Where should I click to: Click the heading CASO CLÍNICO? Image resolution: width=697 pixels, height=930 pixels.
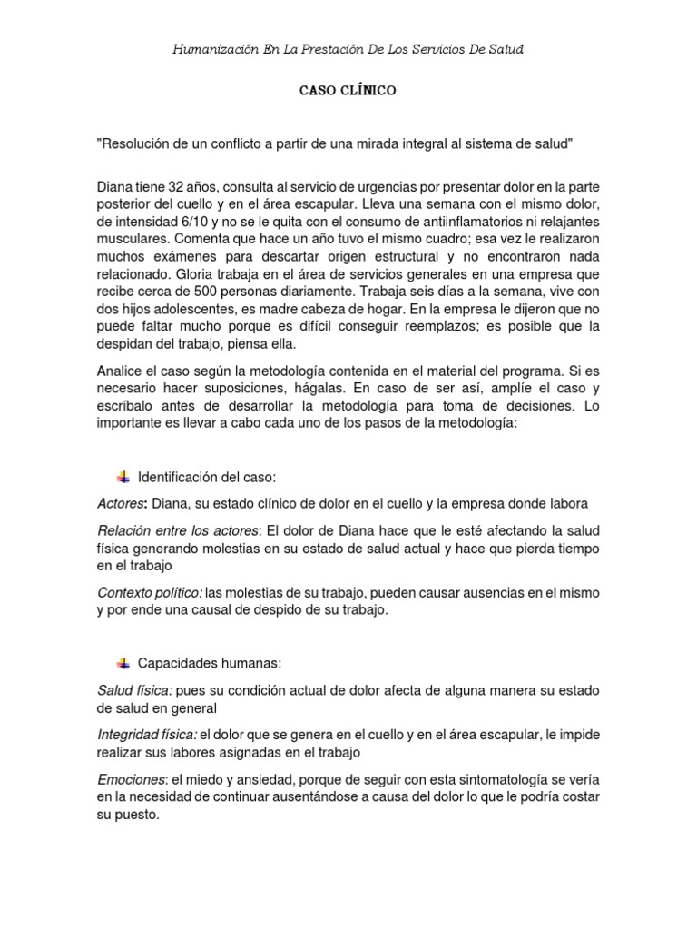click(348, 92)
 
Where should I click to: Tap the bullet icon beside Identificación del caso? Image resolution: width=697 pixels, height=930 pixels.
click(123, 477)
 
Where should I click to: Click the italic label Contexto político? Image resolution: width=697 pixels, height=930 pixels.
click(150, 592)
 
